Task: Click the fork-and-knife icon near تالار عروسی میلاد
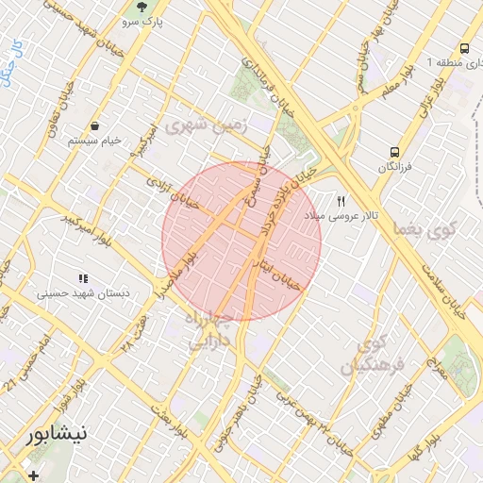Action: click(341, 201)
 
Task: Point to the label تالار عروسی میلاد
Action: click(341, 216)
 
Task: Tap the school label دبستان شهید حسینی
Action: click(82, 293)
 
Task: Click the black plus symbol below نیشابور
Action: click(34, 475)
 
